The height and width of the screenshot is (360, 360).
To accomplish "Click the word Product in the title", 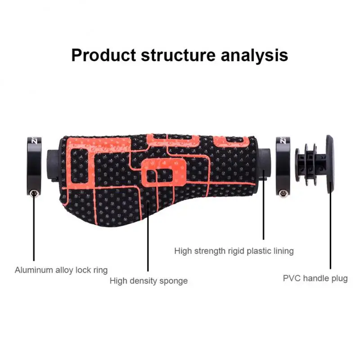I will point(103,55).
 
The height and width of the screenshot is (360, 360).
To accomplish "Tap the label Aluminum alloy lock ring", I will point(61,270).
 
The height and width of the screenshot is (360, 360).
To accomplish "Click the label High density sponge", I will point(148,281).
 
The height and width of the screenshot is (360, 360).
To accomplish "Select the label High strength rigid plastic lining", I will point(234,251).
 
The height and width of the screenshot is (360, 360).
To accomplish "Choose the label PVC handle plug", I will point(315,278).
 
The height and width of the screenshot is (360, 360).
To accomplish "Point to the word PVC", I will point(292,278).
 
